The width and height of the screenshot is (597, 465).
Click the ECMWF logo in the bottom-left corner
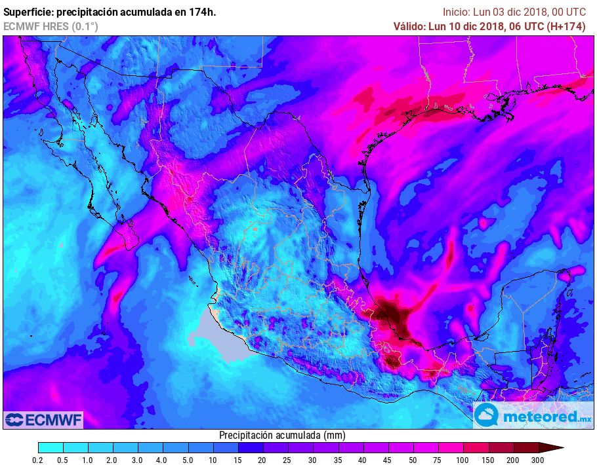click(43, 419)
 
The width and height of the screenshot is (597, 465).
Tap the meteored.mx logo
click(533, 415)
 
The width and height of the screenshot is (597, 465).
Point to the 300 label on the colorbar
click(538, 461)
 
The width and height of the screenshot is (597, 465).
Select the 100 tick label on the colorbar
click(463, 461)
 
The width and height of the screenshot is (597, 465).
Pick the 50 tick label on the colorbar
click(413, 461)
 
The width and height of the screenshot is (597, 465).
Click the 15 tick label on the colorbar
click(237, 461)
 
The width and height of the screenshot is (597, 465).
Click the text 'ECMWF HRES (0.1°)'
click(51, 26)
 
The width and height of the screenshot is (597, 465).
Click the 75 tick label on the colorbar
click(438, 461)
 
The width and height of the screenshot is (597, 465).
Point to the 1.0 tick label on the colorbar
click(87, 461)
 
